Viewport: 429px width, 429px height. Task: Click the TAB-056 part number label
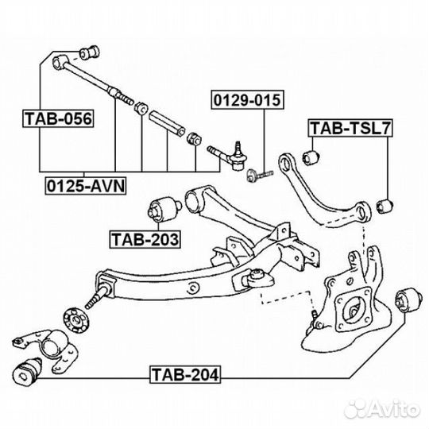[x=58, y=118]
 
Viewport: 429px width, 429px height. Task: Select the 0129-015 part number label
[x=247, y=100]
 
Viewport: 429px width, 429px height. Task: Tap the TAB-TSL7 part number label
[x=350, y=128]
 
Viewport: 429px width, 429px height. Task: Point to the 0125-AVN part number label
[x=86, y=186]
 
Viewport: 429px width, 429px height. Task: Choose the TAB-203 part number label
[x=145, y=239]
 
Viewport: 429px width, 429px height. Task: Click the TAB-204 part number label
[x=185, y=374]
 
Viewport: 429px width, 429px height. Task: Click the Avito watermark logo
[x=381, y=410]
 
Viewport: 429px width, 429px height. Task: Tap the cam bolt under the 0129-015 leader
[x=259, y=175]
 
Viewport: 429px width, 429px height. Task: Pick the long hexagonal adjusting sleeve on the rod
[x=167, y=123]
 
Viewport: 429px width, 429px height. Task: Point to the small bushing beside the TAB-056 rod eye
[x=90, y=52]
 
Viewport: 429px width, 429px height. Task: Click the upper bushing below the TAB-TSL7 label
[x=311, y=157]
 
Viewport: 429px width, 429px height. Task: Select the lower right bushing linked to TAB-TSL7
[x=385, y=207]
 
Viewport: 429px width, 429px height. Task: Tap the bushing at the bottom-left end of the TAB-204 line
[x=27, y=372]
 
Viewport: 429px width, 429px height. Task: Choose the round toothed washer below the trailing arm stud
[x=76, y=320]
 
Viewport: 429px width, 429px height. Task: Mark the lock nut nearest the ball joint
[x=195, y=139]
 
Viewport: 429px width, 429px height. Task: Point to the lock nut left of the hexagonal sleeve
[x=141, y=107]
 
